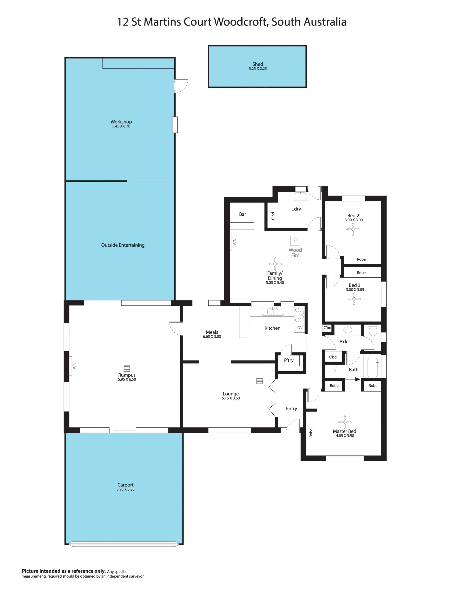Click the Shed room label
point(257,64)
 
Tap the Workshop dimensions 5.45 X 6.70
point(121,126)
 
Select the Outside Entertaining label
point(123,245)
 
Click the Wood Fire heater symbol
point(295,241)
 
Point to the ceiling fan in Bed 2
point(353,229)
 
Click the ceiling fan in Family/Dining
point(275,264)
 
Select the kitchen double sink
point(273,312)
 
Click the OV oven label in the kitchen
point(300,327)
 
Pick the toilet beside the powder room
point(373,330)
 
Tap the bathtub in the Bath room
point(373,367)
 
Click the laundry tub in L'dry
point(301,196)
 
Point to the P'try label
point(289,360)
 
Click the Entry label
point(291,408)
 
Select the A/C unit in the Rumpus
point(71,366)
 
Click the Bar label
point(242,214)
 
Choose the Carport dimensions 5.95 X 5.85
point(126,489)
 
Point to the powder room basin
point(348,330)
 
